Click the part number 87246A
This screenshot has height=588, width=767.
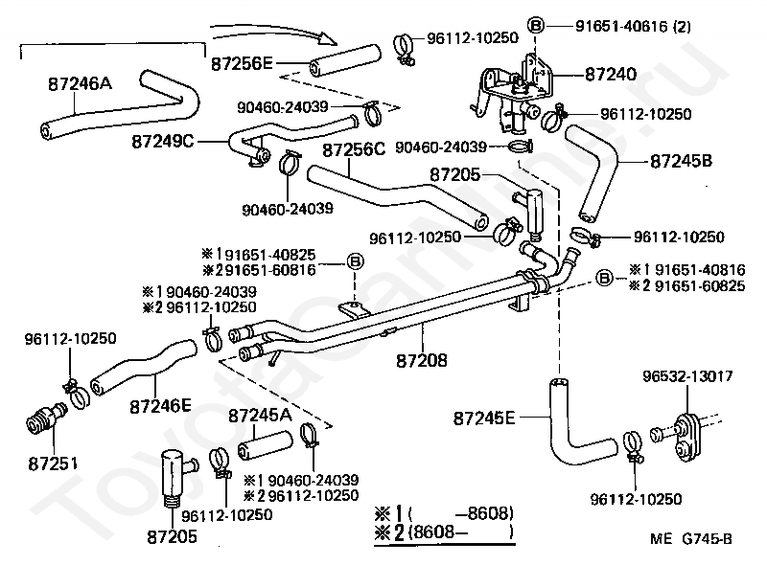(81, 83)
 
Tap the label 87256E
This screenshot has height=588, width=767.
(242, 63)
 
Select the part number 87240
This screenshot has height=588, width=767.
(611, 75)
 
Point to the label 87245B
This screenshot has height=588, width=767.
(681, 161)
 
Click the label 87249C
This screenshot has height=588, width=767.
(163, 142)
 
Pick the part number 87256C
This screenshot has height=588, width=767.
(354, 149)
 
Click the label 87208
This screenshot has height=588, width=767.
(422, 361)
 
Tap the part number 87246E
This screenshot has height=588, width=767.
(160, 406)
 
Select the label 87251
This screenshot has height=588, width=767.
(53, 463)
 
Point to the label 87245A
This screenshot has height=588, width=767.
(260, 416)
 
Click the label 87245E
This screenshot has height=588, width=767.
(484, 418)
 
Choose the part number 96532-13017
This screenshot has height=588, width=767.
(687, 375)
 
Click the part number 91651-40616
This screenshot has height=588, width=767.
(621, 26)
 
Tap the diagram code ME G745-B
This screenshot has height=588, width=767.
(691, 538)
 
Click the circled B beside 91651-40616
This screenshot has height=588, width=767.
(536, 25)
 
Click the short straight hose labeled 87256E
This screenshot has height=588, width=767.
(345, 60)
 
